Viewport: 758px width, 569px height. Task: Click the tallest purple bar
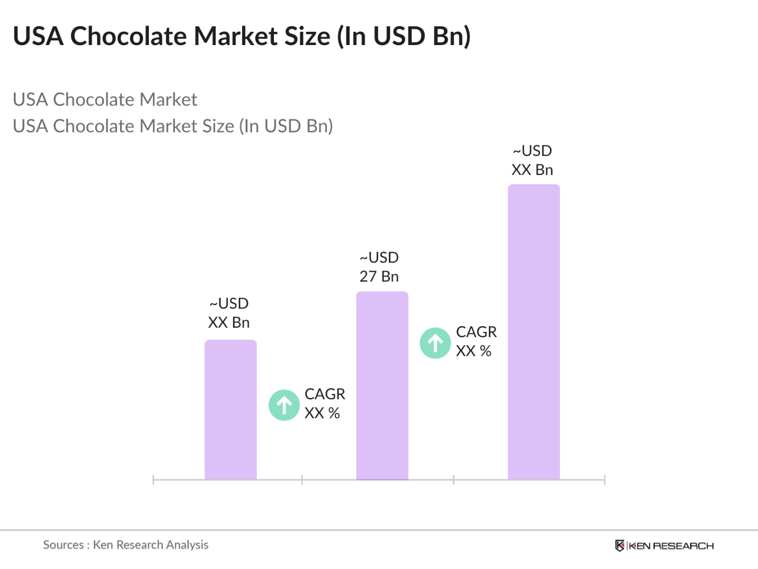tap(533, 331)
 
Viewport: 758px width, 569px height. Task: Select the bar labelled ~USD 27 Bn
tap(382, 386)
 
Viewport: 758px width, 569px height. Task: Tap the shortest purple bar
tap(230, 409)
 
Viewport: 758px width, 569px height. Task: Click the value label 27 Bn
tap(379, 276)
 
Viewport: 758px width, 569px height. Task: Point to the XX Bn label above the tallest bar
tap(532, 170)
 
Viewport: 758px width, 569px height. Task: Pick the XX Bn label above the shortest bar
tap(228, 322)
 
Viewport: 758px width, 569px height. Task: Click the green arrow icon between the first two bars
tap(284, 405)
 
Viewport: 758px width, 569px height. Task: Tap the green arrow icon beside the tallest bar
tap(435, 343)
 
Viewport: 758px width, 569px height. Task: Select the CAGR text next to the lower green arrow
tap(325, 394)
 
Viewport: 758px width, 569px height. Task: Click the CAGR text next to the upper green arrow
tap(476, 332)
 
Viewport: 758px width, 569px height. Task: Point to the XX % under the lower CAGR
tap(322, 413)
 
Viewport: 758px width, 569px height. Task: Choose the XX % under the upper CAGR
tap(474, 351)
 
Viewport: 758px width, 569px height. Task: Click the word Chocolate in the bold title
tap(128, 37)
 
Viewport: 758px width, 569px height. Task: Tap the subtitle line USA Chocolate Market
tap(105, 100)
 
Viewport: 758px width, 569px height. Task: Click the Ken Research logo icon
tap(619, 546)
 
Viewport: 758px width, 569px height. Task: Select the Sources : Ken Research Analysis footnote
tap(126, 545)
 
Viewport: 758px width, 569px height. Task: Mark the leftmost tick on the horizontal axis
tap(153, 480)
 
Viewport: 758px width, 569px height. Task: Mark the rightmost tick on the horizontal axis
tap(604, 480)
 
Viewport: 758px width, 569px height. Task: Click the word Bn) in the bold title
tap(451, 37)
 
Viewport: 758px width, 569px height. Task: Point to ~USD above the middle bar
tap(379, 258)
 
